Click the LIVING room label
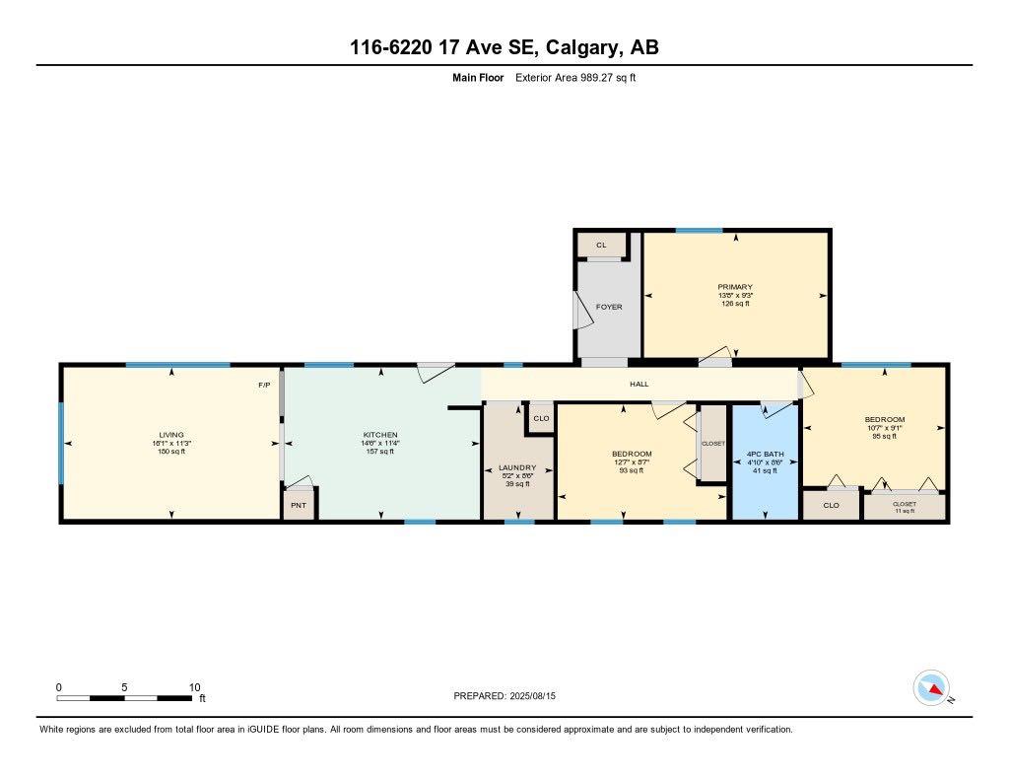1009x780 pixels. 171,435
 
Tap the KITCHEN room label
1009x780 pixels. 380,435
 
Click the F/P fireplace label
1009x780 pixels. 264,385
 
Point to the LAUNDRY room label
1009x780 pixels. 516,467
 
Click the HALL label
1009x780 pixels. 639,384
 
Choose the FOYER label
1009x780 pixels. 609,307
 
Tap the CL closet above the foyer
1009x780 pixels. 600,245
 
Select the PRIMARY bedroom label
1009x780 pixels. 735,287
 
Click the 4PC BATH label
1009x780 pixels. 764,455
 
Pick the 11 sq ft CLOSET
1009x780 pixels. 904,507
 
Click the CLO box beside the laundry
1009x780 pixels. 541,418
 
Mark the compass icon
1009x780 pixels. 931,687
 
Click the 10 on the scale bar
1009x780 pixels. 194,687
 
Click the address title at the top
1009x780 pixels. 504,46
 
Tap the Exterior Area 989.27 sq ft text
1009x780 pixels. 575,77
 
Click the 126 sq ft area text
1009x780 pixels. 735,304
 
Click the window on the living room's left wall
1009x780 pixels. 61,443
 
